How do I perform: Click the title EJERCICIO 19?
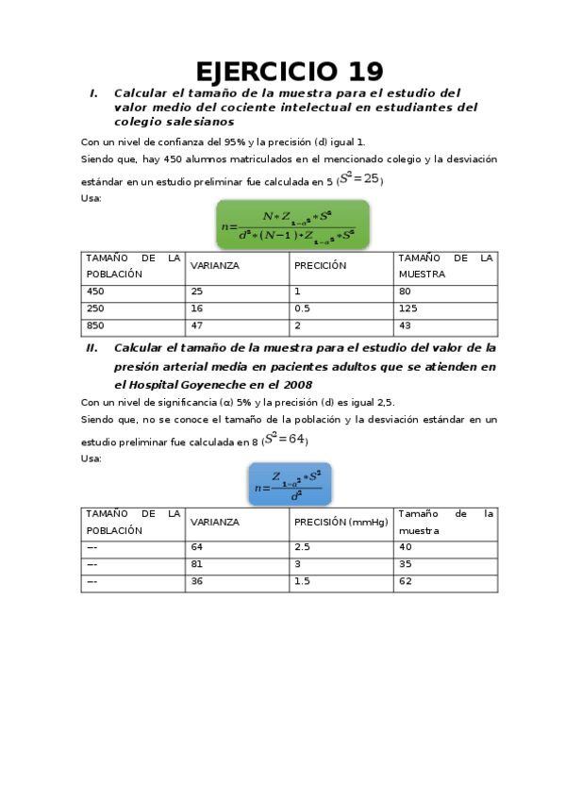click(x=290, y=72)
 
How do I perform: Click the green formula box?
click(x=293, y=225)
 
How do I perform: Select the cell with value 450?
click(x=95, y=292)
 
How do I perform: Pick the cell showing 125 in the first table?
click(x=407, y=308)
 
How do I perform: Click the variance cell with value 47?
click(x=197, y=325)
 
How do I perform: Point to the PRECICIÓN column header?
click(x=321, y=265)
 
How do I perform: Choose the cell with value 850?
click(x=95, y=325)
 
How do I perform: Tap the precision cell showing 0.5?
click(x=303, y=308)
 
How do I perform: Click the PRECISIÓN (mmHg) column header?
click(x=341, y=522)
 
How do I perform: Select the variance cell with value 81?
click(x=197, y=564)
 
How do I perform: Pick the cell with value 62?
click(x=406, y=581)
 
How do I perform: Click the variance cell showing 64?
click(x=197, y=547)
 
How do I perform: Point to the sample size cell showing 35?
click(x=406, y=564)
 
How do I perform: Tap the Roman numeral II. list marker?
click(x=91, y=348)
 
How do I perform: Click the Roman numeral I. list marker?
click(x=93, y=93)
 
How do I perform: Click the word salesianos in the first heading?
click(x=200, y=122)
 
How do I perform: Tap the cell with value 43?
click(x=405, y=325)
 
